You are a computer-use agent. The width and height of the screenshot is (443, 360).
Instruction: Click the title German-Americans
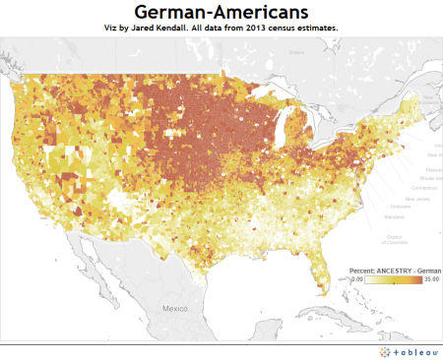pos(221,13)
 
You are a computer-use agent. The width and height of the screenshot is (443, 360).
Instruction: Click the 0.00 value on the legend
pos(356,279)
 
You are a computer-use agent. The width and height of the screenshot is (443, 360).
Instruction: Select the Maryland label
pos(394,217)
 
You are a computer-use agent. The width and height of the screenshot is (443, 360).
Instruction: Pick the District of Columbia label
pos(393,239)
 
